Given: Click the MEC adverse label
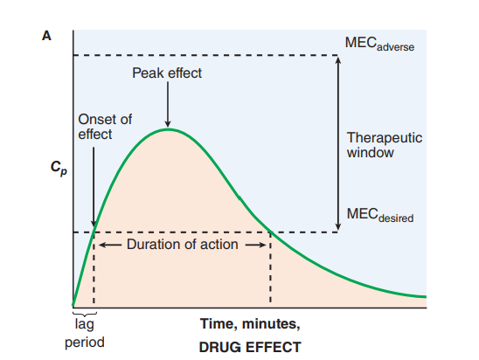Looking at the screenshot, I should (379, 44).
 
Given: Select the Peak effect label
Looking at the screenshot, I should (167, 73).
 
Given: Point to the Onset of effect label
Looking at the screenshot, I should (105, 127).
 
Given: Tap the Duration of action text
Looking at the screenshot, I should (182, 244).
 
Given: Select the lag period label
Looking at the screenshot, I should (84, 333).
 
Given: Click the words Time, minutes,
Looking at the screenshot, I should (250, 324).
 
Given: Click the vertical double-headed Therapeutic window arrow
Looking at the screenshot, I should (338, 144).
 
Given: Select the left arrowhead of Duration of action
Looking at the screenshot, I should (100, 245).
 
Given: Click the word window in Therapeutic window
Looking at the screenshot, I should (371, 153).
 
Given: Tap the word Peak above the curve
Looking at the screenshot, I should (147, 73).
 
